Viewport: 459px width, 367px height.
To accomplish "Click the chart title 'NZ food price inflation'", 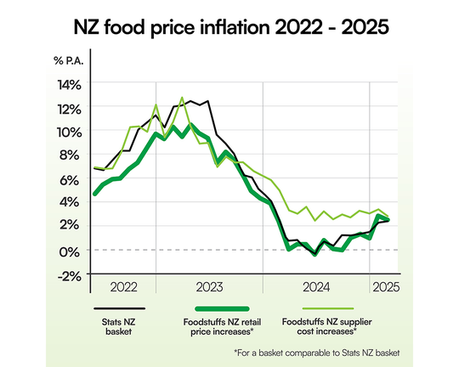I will point(229,25).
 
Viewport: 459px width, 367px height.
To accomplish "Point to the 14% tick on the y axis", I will point(69,85).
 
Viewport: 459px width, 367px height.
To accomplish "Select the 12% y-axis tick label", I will point(69,109).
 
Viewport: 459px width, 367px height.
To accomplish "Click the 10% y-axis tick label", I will point(69,133).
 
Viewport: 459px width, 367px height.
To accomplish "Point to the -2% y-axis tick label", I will point(70,274).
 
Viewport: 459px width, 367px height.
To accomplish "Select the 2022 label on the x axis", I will point(122,287).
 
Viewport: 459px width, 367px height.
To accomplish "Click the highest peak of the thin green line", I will point(182,98).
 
